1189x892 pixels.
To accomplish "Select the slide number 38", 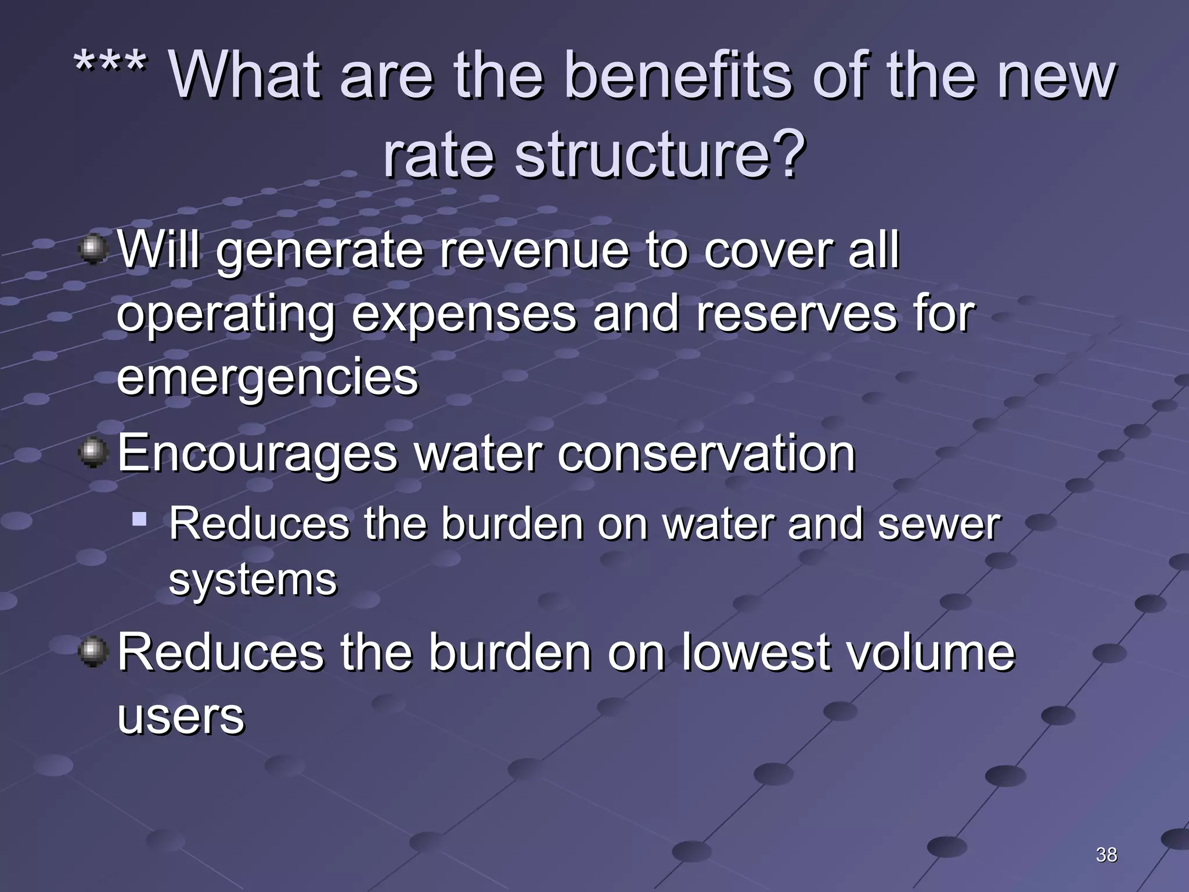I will click(x=1106, y=854).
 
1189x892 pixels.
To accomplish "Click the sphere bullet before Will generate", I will click(x=93, y=250).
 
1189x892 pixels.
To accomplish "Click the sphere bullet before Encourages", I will click(x=93, y=453).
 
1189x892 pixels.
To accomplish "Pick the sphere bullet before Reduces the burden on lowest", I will click(x=93, y=652).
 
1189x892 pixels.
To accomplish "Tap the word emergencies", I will click(x=268, y=377).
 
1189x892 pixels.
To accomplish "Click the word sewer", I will click(x=939, y=524).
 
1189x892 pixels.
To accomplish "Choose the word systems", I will click(x=253, y=581).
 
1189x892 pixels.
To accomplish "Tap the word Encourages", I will click(x=258, y=454).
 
